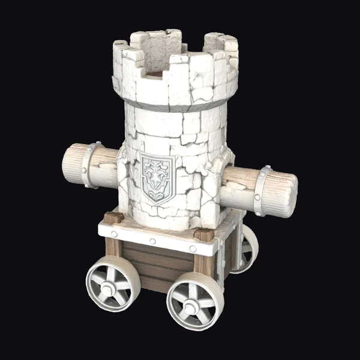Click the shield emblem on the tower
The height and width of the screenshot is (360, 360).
pos(157,178)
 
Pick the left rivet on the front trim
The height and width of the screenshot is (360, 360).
pos(114,233)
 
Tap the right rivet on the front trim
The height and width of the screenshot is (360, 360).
pos(193,248)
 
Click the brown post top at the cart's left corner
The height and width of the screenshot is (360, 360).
pos(113,217)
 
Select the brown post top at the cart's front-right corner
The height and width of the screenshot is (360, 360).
pos(205,235)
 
